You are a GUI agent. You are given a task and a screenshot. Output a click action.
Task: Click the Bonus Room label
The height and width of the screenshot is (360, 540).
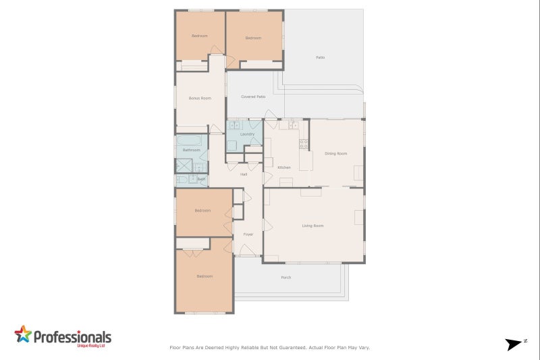pos(200,98)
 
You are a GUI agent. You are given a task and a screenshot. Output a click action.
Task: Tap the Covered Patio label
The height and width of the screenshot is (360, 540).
pos(253,97)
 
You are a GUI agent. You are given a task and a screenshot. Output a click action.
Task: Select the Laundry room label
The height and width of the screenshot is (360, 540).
pos(247,134)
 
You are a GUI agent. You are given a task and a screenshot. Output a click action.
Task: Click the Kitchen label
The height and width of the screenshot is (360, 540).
pos(284,167)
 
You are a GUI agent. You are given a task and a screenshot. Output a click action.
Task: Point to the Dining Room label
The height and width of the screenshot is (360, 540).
pos(335,153)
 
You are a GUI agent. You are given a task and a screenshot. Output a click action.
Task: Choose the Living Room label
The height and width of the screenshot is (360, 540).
pos(313,225)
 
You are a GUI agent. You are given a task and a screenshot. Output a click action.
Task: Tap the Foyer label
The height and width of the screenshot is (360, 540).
pos(248,234)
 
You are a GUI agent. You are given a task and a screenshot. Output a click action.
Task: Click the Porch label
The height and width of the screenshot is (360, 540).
pos(286,277)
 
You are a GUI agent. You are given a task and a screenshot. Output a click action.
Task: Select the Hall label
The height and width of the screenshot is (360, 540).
pos(244,174)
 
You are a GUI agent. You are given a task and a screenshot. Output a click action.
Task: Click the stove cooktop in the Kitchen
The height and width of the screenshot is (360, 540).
pos(304,144)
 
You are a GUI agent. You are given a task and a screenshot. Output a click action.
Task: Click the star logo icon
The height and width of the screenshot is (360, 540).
pos(23,335)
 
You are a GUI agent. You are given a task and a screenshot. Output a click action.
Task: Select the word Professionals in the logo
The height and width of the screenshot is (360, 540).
pos(72,336)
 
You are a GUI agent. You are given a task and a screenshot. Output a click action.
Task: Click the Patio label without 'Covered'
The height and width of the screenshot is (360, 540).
pos(321,57)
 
